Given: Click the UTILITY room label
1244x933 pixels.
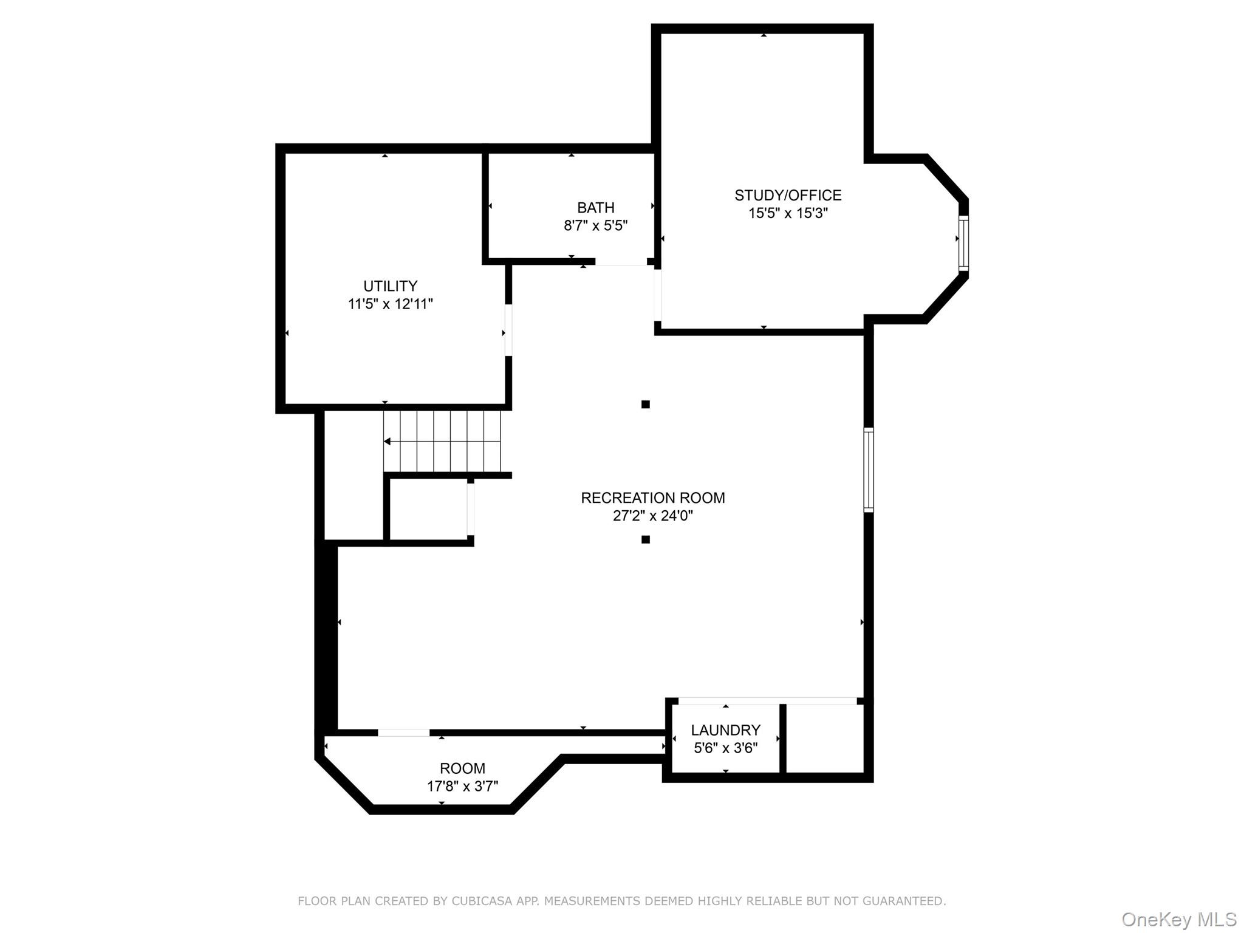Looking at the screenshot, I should coord(390,285).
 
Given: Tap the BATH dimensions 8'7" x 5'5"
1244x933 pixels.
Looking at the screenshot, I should coord(595,226).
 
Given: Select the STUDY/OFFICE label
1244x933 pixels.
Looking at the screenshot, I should coord(788,195).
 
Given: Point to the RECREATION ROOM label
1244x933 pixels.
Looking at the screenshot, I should coord(652,497).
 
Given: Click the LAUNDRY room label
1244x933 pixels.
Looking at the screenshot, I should coord(725,730).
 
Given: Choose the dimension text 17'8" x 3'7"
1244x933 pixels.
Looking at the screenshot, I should coord(462,786).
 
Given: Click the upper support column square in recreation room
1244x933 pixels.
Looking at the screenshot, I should coord(646,405).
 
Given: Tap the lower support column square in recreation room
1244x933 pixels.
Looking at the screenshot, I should coord(646,539).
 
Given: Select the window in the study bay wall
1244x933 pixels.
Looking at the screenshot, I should coord(963,242).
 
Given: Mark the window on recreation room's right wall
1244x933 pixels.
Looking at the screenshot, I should coord(869,470).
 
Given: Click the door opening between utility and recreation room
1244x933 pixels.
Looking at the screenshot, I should coord(508,330).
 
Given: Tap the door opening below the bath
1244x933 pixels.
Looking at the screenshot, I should coord(620,262).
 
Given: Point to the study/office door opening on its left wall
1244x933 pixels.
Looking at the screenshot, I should coord(657,294).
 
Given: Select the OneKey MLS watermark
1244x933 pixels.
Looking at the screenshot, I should coord(1178,919).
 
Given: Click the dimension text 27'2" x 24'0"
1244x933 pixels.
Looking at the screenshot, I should coord(652,516).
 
